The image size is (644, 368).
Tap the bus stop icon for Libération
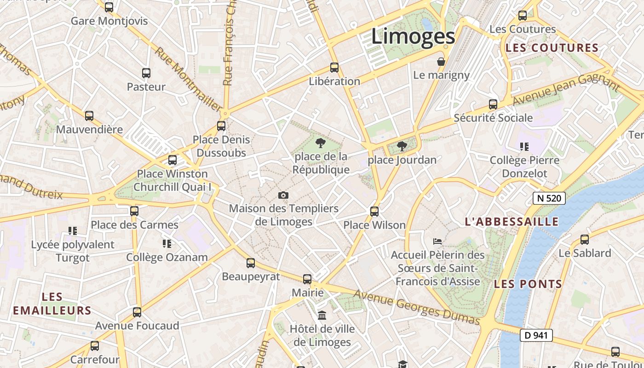[334, 68]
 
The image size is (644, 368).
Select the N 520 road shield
[549, 198]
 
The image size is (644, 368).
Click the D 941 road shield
[536, 335]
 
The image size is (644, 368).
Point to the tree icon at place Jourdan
[402, 146]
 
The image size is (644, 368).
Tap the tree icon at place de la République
[321, 143]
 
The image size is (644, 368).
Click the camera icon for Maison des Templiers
[283, 195]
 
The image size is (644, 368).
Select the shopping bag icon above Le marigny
[441, 62]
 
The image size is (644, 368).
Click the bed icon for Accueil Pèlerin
[437, 241]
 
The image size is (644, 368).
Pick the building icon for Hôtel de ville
[322, 316]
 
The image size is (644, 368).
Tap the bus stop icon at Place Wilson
[374, 212]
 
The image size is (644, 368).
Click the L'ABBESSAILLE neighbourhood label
[512, 222]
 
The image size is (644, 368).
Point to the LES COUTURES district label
[552, 48]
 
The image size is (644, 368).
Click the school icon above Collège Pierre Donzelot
[524, 147]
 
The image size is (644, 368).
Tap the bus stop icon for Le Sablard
[584, 240]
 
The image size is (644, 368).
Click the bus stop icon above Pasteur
[146, 73]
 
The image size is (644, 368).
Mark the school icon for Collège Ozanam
[167, 243]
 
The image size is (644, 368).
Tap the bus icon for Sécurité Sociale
[493, 104]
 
